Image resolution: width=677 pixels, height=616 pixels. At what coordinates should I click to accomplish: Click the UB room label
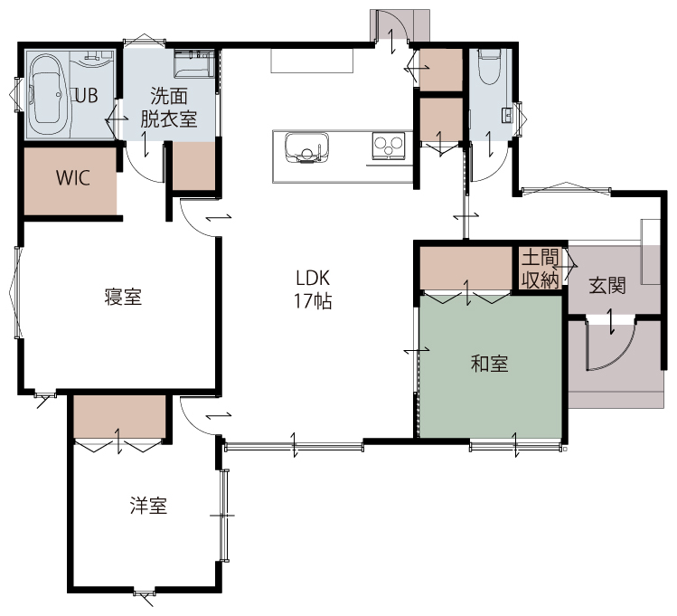pyautogui.click(x=87, y=96)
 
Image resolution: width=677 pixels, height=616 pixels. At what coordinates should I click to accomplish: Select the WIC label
pyautogui.click(x=73, y=177)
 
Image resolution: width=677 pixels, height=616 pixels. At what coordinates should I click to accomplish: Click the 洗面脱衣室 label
pyautogui.click(x=169, y=108)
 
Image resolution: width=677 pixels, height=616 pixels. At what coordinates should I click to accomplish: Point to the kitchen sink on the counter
pyautogui.click(x=306, y=147)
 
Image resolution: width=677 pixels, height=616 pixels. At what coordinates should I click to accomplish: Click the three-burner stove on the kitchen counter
pyautogui.click(x=388, y=145)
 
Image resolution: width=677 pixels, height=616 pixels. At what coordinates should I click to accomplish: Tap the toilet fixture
pyautogui.click(x=489, y=67)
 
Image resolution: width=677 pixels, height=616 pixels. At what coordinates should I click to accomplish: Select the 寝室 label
pyautogui.click(x=123, y=298)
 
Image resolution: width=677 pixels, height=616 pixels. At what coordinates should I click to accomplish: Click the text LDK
pyautogui.click(x=313, y=279)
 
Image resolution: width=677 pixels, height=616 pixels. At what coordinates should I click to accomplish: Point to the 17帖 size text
pyautogui.click(x=313, y=301)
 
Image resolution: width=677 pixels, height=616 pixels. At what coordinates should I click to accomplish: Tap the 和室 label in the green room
pyautogui.click(x=489, y=364)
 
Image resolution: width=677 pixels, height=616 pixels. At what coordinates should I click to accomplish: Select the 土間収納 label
pyautogui.click(x=541, y=270)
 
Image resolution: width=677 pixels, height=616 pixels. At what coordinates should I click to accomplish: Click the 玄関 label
pyautogui.click(x=607, y=285)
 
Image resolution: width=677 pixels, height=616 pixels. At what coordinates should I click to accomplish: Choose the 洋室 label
pyautogui.click(x=149, y=506)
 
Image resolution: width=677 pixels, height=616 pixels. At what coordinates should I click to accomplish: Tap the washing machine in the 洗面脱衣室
pyautogui.click(x=193, y=64)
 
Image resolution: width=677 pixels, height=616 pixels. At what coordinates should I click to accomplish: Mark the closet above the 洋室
pyautogui.click(x=119, y=417)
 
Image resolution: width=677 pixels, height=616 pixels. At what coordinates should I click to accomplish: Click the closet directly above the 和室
pyautogui.click(x=465, y=269)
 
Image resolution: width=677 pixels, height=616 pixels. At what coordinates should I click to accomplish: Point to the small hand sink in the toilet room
pyautogui.click(x=507, y=115)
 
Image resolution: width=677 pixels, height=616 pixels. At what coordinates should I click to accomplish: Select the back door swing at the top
pyautogui.click(x=392, y=26)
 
